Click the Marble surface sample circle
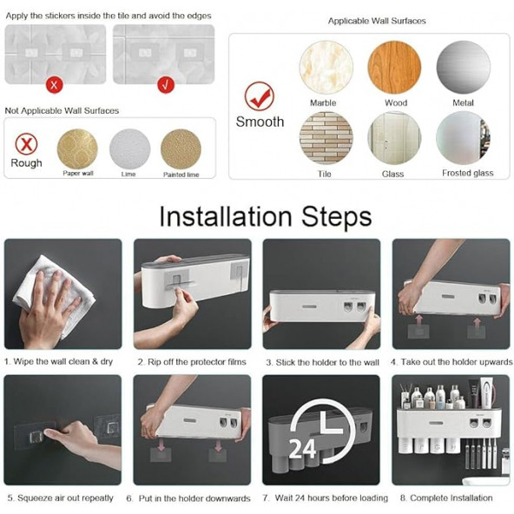[x=326, y=68]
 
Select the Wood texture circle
[x=394, y=68]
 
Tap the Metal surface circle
[x=463, y=67]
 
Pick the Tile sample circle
[x=326, y=138]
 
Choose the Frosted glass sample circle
[x=463, y=138]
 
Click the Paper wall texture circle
[x=77, y=149]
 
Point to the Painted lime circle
[x=181, y=149]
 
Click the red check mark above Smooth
[x=260, y=96]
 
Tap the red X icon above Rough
[x=26, y=144]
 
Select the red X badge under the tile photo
[x=54, y=85]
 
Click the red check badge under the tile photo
[x=166, y=85]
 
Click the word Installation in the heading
[x=226, y=217]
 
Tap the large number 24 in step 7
[x=302, y=449]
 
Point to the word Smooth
[x=260, y=122]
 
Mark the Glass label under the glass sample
[x=392, y=174]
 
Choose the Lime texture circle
[x=130, y=149]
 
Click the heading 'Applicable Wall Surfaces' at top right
[x=377, y=21]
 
